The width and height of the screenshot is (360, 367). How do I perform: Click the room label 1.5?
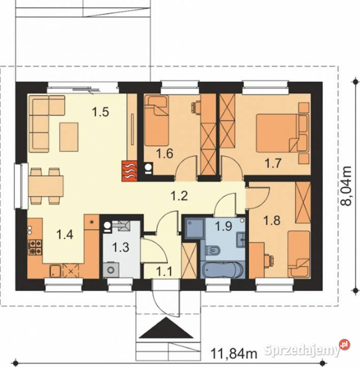pos(100,112)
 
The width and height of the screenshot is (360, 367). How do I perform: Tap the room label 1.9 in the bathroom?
pos(224,226)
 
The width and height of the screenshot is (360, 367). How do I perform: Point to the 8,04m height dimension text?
pos(346,186)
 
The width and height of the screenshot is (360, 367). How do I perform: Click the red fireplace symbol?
pos(129,171)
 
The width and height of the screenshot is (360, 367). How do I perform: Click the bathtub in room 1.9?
pos(223,270)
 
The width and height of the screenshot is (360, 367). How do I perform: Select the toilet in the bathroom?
pos(213,250)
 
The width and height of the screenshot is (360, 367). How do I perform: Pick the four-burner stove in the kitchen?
pos(35,247)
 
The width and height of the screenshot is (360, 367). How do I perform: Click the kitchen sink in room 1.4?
pos(56,271)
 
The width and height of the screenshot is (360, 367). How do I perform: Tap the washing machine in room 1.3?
pos(111,270)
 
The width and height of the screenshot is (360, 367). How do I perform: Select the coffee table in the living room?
pos(69,137)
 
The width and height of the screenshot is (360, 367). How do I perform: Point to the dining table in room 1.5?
pos(46,186)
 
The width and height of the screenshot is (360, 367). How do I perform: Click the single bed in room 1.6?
pos(156,121)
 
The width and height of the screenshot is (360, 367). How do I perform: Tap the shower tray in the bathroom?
pos(195,228)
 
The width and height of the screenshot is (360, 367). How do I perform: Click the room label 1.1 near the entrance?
pos(164,272)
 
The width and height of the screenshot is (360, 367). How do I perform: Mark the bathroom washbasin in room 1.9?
pos(240,240)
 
